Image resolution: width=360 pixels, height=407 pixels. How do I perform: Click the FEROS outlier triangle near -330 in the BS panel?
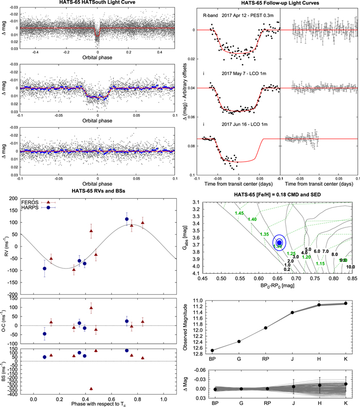(91, 388)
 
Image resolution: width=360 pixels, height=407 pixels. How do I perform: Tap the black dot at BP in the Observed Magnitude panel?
(212, 350)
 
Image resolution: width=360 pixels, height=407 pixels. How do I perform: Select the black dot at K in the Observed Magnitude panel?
(345, 304)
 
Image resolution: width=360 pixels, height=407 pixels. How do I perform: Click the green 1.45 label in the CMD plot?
(239, 213)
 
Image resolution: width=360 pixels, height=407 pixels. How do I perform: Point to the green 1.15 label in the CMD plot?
(320, 263)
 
